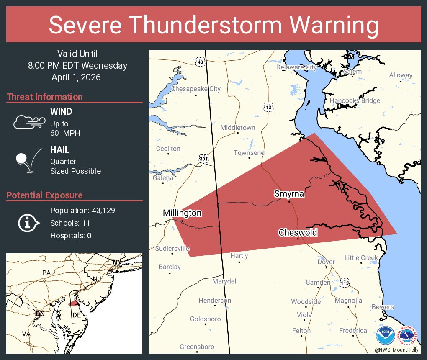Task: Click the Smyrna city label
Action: click(x=289, y=194)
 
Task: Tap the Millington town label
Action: click(x=182, y=213)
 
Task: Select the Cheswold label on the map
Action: click(x=298, y=232)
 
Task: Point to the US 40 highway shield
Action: click(x=201, y=62)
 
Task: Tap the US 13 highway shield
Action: click(x=268, y=107)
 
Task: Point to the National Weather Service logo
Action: click(x=408, y=336)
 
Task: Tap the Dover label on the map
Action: click(x=326, y=262)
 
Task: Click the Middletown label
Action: click(x=237, y=128)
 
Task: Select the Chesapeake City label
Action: click(x=195, y=89)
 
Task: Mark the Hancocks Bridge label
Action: click(x=355, y=100)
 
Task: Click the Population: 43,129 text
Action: click(x=82, y=210)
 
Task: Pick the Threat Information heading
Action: click(x=45, y=97)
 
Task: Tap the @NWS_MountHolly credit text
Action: click(x=396, y=350)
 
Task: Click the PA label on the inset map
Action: click(x=46, y=273)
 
